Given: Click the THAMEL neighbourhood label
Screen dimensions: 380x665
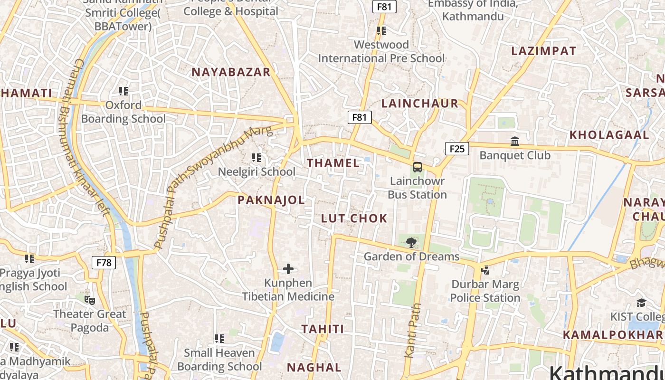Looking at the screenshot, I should (333, 163).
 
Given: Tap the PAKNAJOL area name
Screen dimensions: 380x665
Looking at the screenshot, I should (271, 200).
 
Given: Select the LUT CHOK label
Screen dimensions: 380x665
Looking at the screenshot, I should (354, 218).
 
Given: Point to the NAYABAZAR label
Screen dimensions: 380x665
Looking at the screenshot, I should (231, 72).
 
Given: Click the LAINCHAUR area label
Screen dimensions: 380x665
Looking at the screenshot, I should (420, 104).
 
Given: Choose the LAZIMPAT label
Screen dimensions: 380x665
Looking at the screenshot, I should (543, 51).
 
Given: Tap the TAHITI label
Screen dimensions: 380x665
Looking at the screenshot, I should (323, 329).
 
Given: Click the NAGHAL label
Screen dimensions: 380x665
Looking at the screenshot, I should (314, 367).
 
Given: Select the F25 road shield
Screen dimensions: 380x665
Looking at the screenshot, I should (456, 149).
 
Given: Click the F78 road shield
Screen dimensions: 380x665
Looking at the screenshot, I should (104, 262).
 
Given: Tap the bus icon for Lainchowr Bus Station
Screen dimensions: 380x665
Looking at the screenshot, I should (417, 167).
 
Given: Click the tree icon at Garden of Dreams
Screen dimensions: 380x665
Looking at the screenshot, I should (411, 243).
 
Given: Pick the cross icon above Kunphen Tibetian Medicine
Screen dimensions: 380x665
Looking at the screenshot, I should (288, 269).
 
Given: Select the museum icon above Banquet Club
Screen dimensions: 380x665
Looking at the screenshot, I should (515, 141).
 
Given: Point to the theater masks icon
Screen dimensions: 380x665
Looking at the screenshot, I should (89, 300).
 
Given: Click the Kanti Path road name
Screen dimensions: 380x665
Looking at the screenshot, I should (412, 330).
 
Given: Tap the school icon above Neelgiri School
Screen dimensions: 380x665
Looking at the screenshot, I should (256, 157).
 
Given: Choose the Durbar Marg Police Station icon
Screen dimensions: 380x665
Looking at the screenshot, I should (485, 270).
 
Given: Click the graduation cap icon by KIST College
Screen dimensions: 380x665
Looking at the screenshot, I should (641, 303).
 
